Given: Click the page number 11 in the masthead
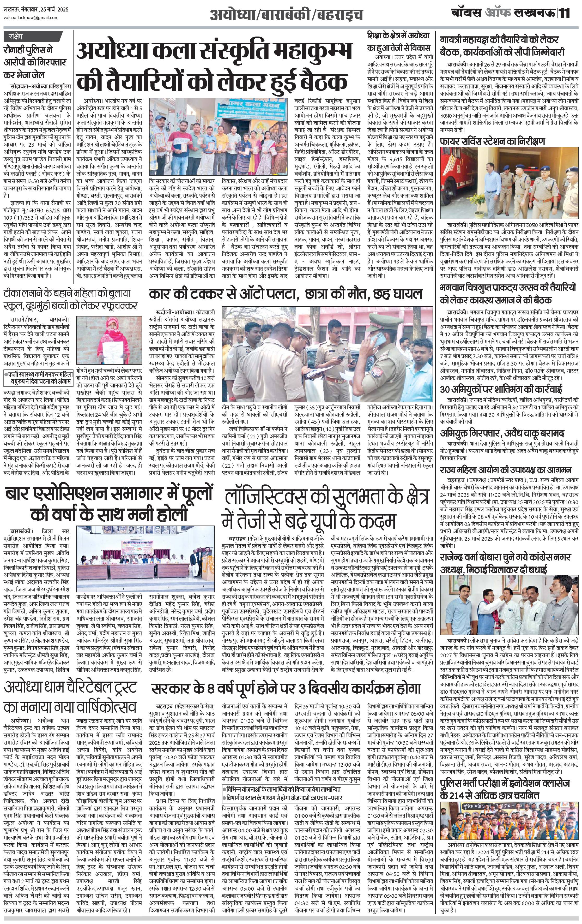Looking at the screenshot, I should pyautogui.click(x=565, y=13).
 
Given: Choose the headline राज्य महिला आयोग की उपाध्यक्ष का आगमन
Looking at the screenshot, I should pyautogui.click(x=506, y=470).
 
